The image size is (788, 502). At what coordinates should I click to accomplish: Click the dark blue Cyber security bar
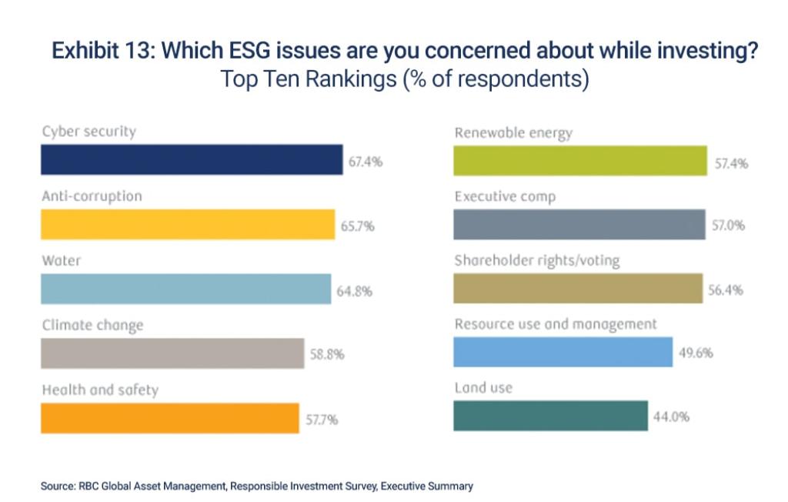click(191, 160)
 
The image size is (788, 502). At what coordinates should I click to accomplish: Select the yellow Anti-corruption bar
click(187, 225)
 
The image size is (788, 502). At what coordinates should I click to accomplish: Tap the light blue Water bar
click(185, 289)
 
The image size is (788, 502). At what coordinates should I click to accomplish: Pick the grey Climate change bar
click(172, 353)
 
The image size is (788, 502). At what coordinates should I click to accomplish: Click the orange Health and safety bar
click(169, 418)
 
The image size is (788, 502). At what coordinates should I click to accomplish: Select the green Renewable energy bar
click(580, 160)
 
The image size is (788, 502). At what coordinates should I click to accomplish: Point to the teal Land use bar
click(550, 416)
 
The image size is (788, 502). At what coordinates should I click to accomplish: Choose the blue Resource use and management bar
click(563, 352)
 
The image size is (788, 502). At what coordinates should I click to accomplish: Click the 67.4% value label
click(366, 162)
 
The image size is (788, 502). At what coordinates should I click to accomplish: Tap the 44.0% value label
click(671, 417)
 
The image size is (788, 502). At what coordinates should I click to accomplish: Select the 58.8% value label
click(327, 355)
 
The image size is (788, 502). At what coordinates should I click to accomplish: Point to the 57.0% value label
click(728, 226)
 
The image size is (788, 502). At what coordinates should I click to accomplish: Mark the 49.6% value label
click(696, 353)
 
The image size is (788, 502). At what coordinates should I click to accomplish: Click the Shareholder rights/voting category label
click(536, 261)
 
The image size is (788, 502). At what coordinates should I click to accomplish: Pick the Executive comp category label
click(505, 197)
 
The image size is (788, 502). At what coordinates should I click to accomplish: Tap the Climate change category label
click(92, 326)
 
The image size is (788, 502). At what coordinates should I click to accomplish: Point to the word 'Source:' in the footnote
click(58, 486)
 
